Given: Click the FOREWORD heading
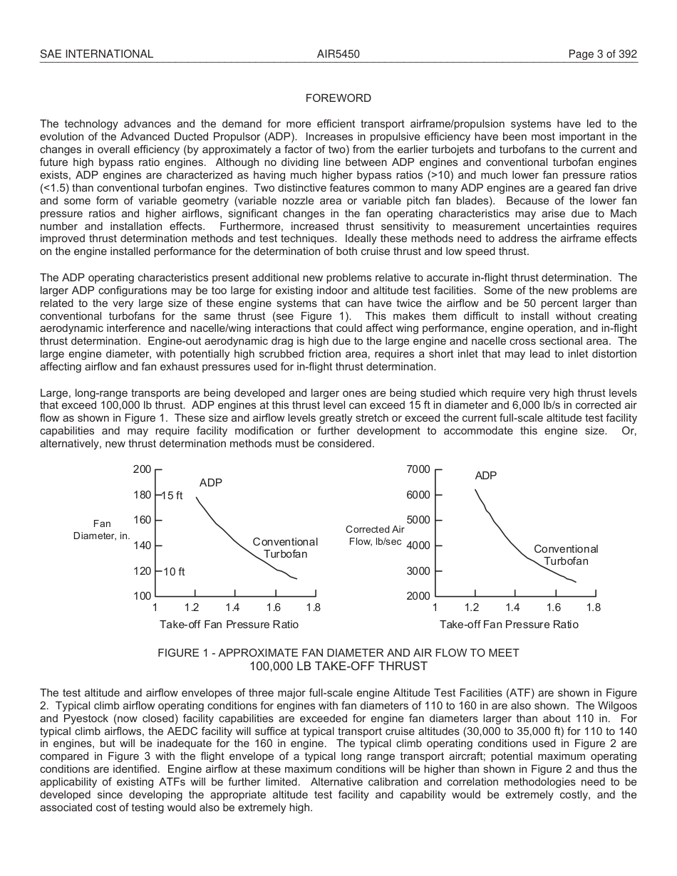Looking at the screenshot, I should pos(338,98).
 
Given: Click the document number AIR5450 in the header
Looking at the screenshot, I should pos(338,54).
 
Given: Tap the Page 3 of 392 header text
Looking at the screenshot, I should pos(602,54).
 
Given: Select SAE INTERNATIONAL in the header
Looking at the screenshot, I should pos(96,54).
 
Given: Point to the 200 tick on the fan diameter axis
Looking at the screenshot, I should pos(143,469).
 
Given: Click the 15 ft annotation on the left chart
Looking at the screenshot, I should pos(173,495).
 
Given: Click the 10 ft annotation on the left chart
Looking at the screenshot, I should pos(173,572).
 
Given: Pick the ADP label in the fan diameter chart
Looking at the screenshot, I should pos(210,483).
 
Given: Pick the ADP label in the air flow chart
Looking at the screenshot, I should pos(485,476).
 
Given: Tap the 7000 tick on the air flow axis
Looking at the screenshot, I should pos(418,469).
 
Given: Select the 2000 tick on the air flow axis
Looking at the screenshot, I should pos(418,596).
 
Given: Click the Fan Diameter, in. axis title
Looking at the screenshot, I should pos(102,530).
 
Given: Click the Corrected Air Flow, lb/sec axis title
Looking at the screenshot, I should pos(375,536).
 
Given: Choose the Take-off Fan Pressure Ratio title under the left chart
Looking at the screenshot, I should pos(229,625).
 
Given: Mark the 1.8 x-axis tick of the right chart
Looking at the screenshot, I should pos(593,608).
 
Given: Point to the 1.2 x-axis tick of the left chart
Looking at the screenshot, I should pos(192,608).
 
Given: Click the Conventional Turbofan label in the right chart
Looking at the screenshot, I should pos(566,555).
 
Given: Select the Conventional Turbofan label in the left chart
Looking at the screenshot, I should pos(285,548).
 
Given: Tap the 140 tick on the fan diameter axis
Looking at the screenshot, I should pos(143,546).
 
